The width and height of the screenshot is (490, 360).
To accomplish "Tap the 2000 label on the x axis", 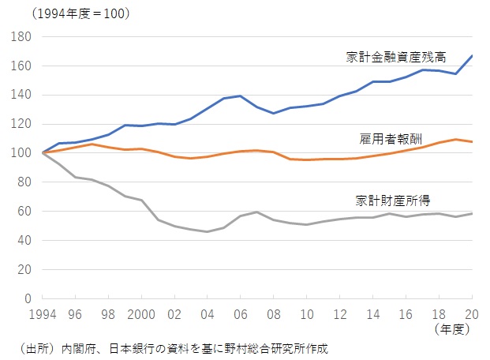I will [141, 313].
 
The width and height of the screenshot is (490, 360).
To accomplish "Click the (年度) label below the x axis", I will [453, 328].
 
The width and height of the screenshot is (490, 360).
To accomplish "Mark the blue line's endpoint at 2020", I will [473, 55].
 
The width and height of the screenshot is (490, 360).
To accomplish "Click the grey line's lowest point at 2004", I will [208, 231].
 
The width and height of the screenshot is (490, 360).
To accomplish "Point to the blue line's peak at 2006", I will [241, 96].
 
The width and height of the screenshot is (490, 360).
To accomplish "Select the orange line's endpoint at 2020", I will [473, 142].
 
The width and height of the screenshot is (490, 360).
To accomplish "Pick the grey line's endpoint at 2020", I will [473, 213].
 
